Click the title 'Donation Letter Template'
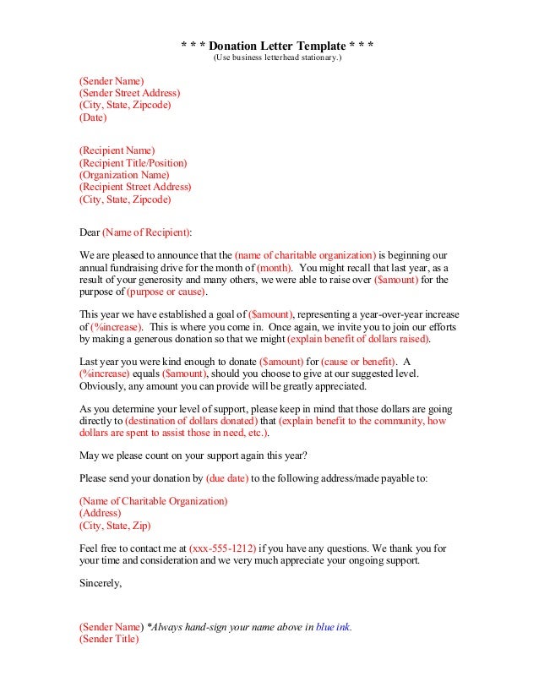pyautogui.click(x=278, y=45)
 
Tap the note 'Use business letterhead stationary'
pyautogui.click(x=278, y=57)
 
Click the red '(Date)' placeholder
pyautogui.click(x=93, y=118)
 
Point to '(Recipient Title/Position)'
pyautogui.click(x=133, y=162)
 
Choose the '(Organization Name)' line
pyautogui.click(x=124, y=175)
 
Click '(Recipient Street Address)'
pyautogui.click(x=135, y=187)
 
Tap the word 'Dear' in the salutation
pyautogui.click(x=89, y=231)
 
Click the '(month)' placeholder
pyautogui.click(x=275, y=267)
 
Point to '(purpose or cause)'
pyautogui.click(x=166, y=292)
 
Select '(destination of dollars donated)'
pyautogui.click(x=179, y=421)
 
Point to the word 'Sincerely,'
pyautogui.click(x=101, y=583)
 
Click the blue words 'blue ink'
pyautogui.click(x=333, y=627)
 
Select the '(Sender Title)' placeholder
pyautogui.click(x=109, y=640)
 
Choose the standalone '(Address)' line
pyautogui.click(x=100, y=513)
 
